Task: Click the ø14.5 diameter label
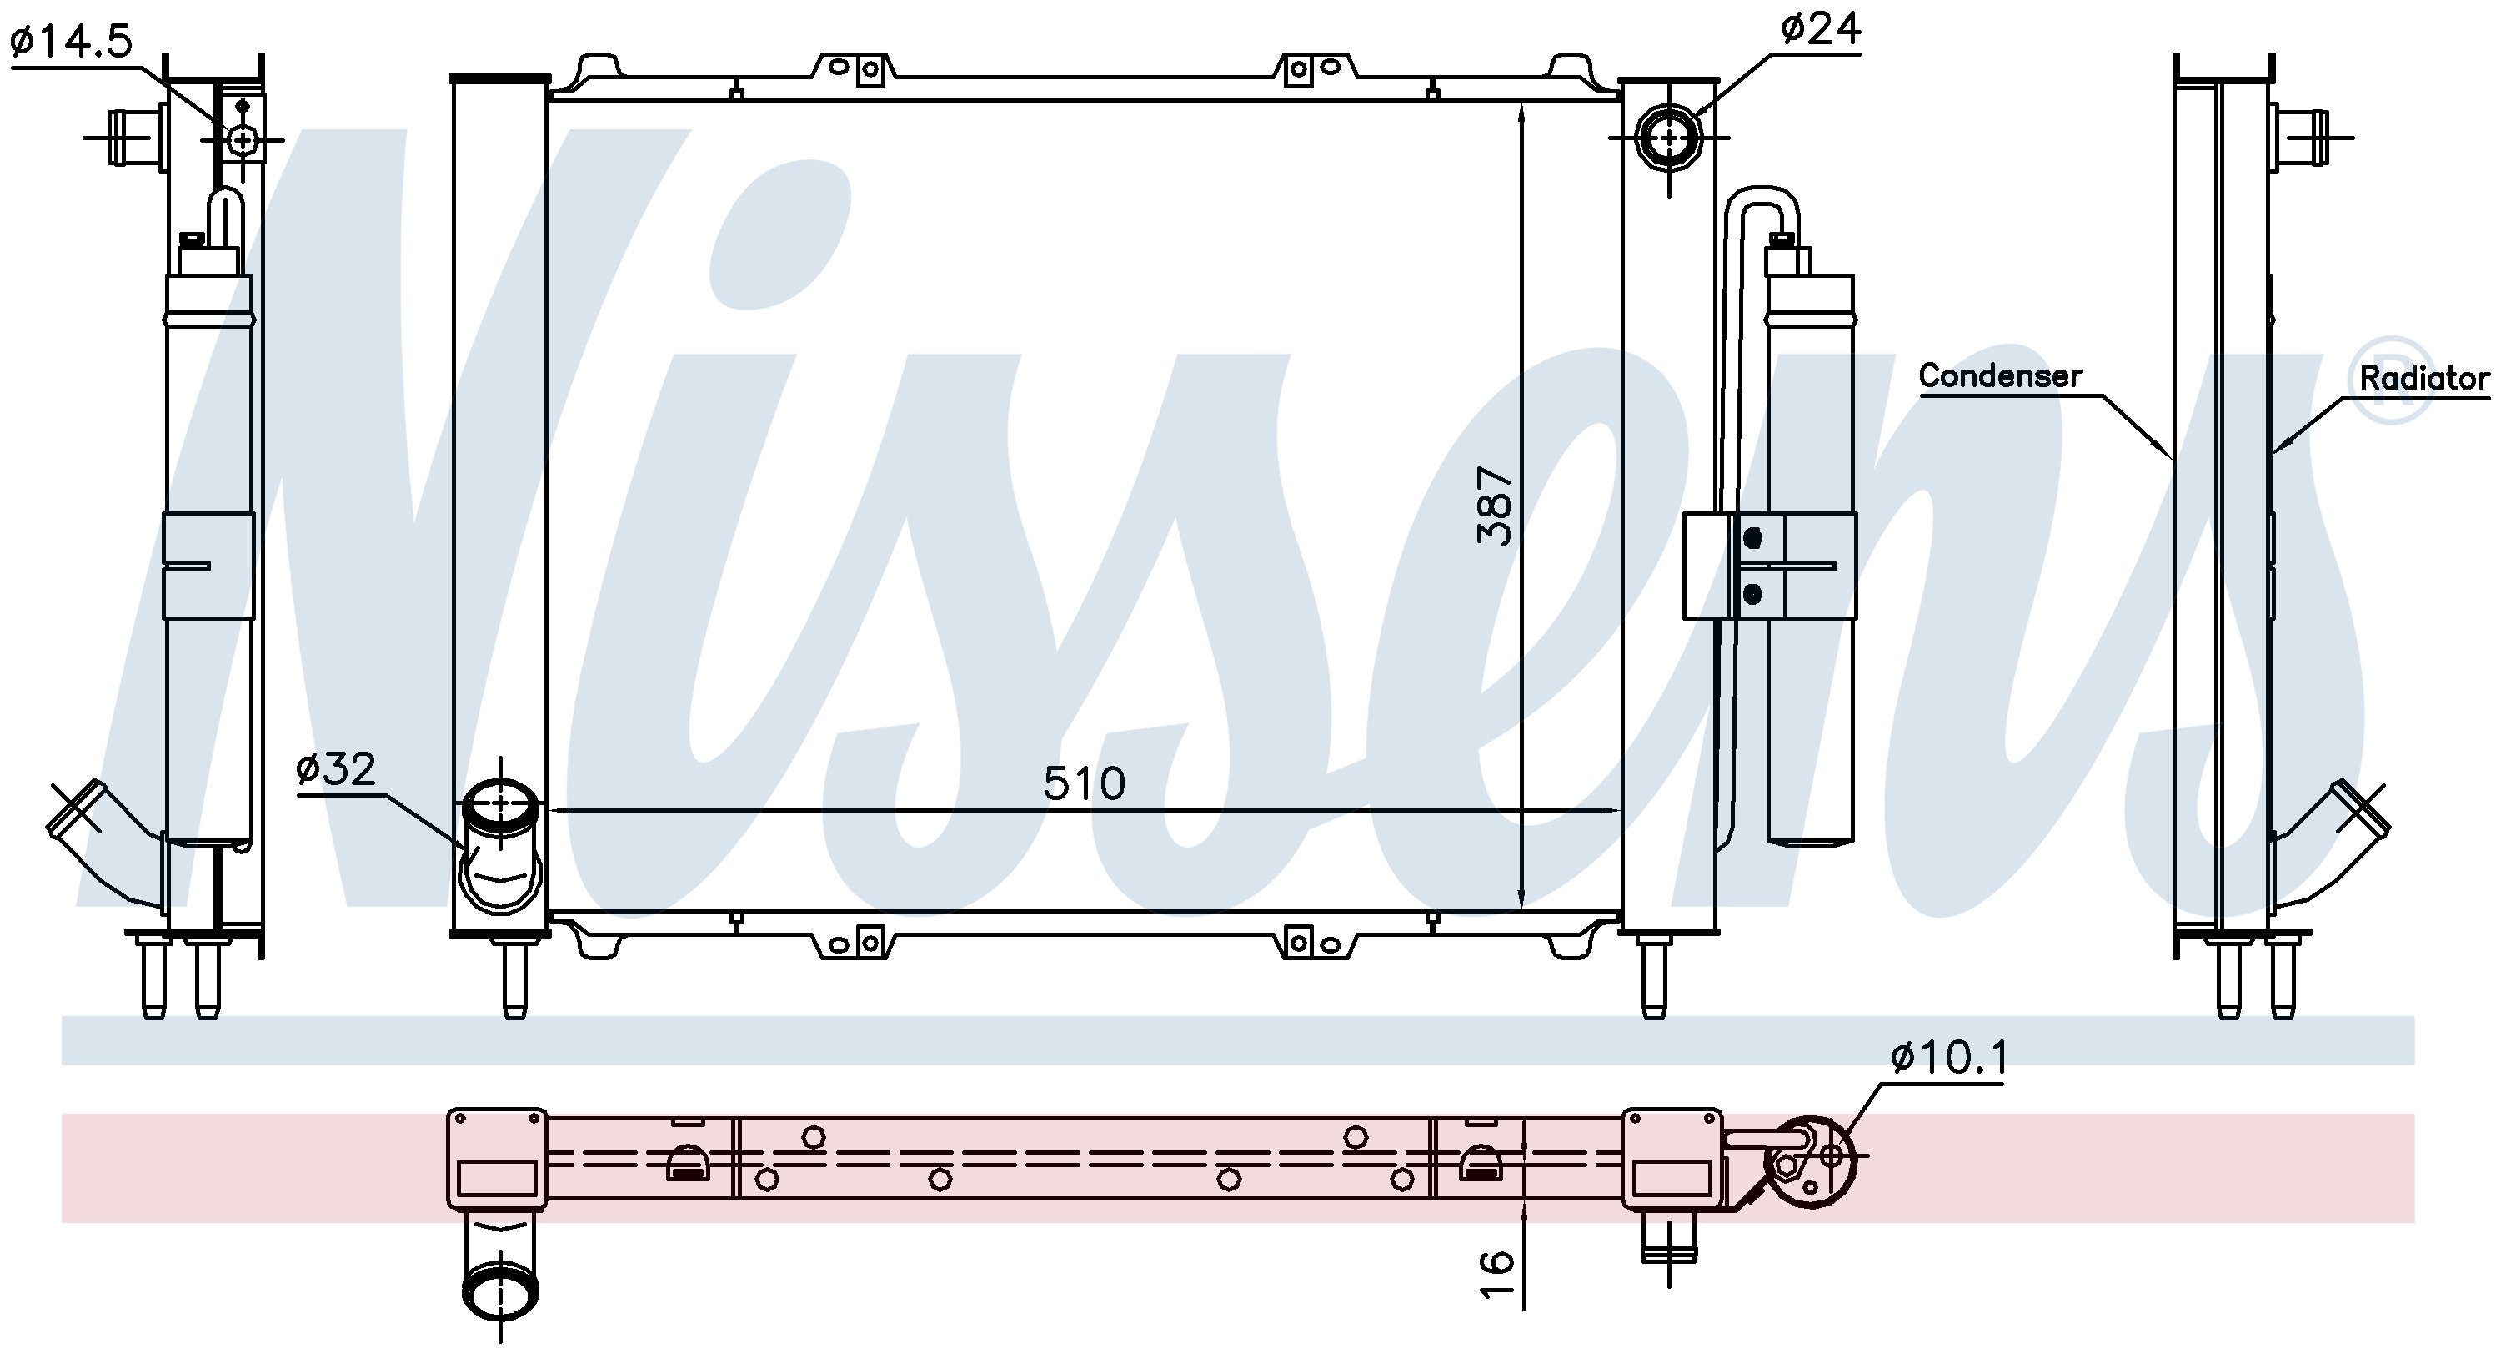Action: coord(71,42)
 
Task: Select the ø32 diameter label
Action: coord(336,769)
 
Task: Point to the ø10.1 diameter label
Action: coord(1947,1058)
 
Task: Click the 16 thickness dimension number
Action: coord(1496,1273)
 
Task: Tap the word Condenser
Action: coord(2000,376)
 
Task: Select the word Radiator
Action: coord(2424,378)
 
